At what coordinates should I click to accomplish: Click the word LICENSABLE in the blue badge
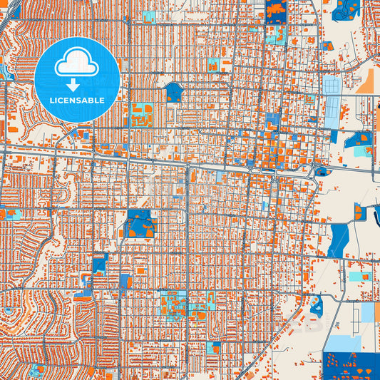[76, 101]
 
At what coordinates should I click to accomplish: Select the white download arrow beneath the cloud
[76, 85]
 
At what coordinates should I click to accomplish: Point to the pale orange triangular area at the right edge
[368, 83]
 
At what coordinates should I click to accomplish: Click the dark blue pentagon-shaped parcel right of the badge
[173, 91]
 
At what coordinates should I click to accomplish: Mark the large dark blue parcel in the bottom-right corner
[351, 365]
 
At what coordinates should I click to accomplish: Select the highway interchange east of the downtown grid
[318, 168]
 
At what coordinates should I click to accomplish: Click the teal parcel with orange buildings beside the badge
[142, 115]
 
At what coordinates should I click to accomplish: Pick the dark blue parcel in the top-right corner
[346, 9]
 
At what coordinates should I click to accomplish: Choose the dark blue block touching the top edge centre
[275, 11]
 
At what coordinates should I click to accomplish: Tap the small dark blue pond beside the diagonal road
[315, 306]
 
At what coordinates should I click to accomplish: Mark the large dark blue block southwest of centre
[141, 224]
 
